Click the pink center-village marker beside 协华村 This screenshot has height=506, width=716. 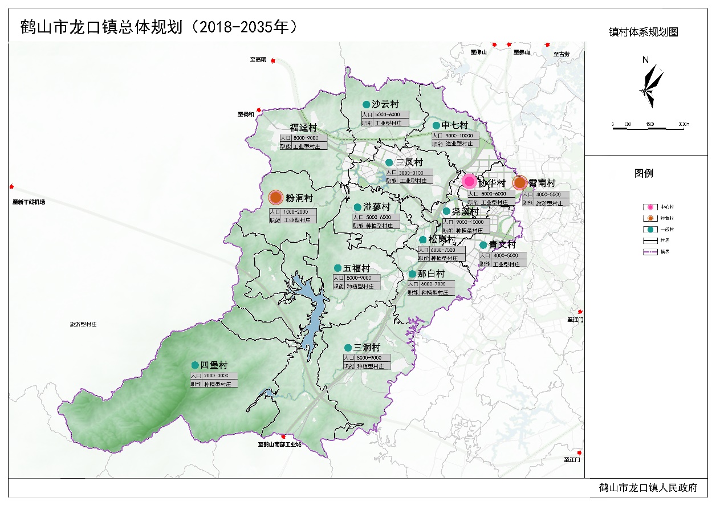[x=469, y=181]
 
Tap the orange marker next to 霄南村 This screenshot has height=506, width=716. [x=519, y=183]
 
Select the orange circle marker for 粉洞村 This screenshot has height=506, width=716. [x=276, y=198]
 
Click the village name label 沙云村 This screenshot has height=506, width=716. [x=385, y=104]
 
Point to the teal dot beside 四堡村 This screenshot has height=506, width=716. [x=195, y=365]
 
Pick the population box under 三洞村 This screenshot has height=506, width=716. [x=367, y=358]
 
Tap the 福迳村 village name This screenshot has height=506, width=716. [x=303, y=128]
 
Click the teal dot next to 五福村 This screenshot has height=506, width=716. [x=337, y=268]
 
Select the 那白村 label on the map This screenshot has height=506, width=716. [x=432, y=274]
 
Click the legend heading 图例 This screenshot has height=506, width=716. [x=644, y=173]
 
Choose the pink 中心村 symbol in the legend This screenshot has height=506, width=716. [x=650, y=207]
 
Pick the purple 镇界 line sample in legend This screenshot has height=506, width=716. [x=650, y=252]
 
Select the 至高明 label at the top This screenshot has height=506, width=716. [x=258, y=59]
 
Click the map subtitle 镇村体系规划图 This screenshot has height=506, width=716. [x=643, y=32]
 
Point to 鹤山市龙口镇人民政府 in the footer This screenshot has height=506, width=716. [x=648, y=488]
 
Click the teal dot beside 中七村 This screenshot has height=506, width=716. [x=436, y=125]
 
